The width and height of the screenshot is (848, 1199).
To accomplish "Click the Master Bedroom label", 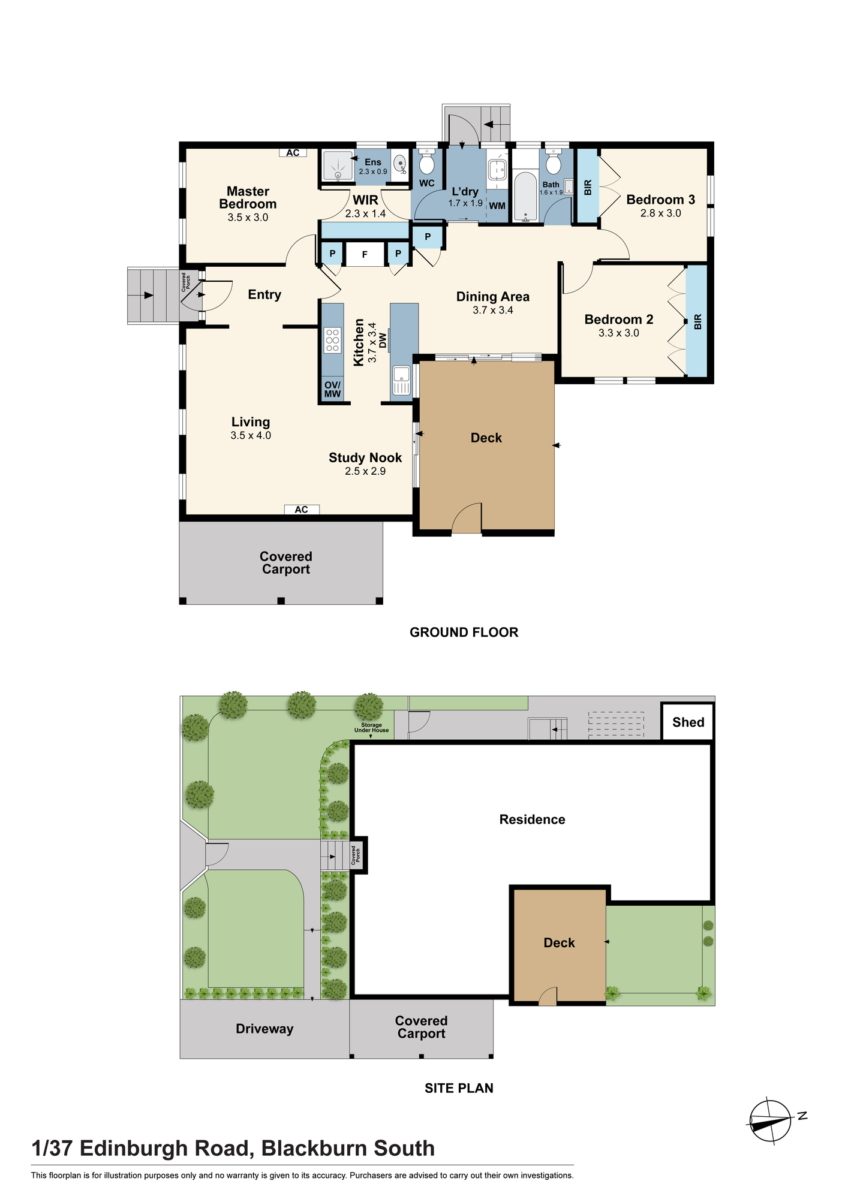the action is [x=248, y=197].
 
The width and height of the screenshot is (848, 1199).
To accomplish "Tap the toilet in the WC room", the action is [x=426, y=162].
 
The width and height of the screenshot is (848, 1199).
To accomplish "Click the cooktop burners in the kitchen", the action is [x=332, y=340].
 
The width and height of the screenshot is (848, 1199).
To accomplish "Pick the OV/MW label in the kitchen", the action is [x=332, y=389].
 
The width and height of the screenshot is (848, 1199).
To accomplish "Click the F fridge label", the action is [x=365, y=255].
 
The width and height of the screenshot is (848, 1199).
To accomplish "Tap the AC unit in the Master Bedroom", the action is [x=293, y=153].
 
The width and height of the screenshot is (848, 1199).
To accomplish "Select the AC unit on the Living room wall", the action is [x=302, y=510].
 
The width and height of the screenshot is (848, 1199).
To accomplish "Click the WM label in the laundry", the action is [x=497, y=206].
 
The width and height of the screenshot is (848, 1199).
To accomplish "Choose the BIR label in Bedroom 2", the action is [x=697, y=322].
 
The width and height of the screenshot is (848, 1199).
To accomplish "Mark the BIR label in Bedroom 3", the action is [x=588, y=188].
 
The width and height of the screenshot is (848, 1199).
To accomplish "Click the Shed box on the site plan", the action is [x=688, y=722].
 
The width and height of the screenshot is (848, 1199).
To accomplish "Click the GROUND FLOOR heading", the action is [x=464, y=632].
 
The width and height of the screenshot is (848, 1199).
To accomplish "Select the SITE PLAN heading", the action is [x=459, y=1088].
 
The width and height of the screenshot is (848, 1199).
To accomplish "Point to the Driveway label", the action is [x=264, y=1029].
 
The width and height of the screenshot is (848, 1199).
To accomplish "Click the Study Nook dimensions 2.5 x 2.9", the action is [x=365, y=471].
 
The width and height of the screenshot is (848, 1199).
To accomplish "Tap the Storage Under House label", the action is [x=371, y=728].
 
